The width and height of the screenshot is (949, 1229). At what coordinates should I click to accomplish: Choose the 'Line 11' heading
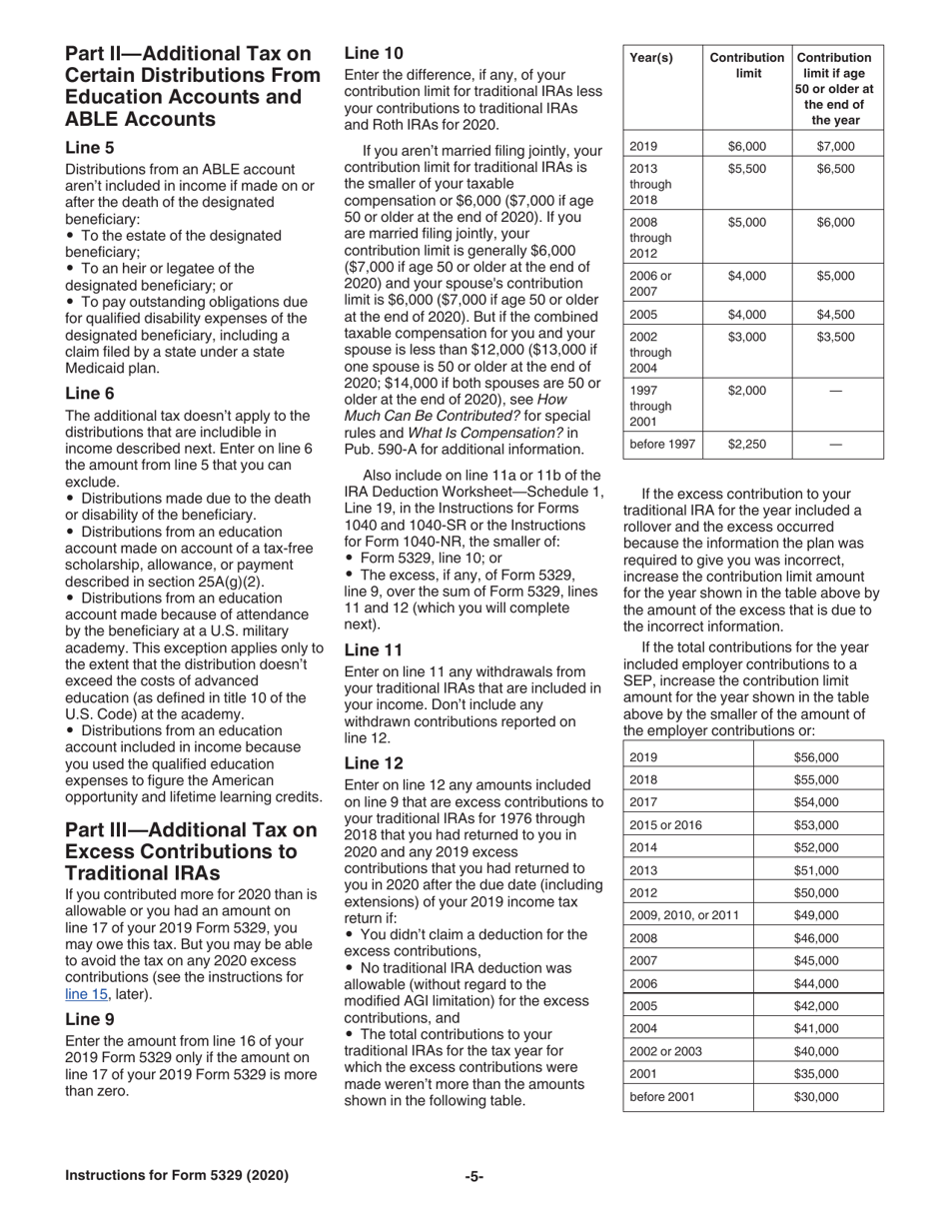click(x=374, y=649)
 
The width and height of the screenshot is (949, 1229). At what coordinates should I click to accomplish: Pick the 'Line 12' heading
click(x=374, y=762)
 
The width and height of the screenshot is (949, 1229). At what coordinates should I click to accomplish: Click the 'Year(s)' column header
click(x=650, y=58)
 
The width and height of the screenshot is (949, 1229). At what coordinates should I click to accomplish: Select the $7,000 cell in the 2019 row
click(x=835, y=146)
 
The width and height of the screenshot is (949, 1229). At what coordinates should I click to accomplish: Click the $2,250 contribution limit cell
click(x=746, y=444)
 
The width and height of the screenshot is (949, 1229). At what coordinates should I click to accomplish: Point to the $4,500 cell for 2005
click(x=835, y=314)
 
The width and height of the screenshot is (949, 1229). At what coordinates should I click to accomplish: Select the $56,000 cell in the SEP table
click(x=816, y=757)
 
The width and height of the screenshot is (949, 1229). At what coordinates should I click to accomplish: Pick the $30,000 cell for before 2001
click(x=816, y=1097)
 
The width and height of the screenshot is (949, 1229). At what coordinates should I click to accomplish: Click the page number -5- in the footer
click(x=474, y=1176)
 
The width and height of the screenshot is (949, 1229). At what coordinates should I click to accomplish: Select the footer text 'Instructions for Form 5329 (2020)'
click(x=177, y=1176)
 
